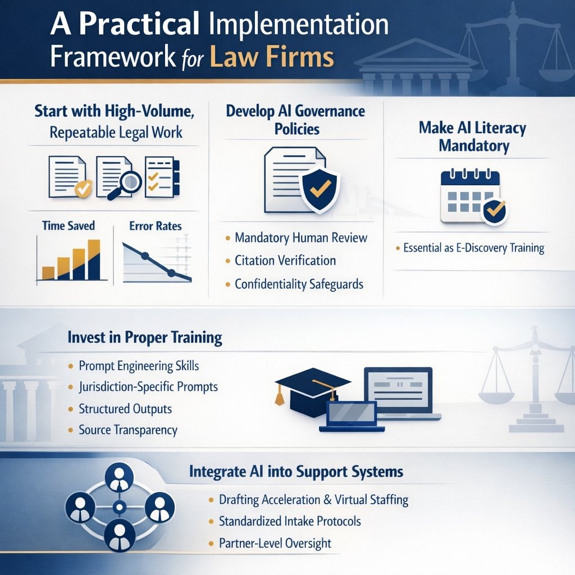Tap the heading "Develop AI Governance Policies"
(x=295, y=120)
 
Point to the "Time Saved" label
(x=69, y=226)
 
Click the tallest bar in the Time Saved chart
(x=94, y=259)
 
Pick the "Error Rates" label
(x=155, y=226)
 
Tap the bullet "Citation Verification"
(x=285, y=261)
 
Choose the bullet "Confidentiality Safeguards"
(x=299, y=284)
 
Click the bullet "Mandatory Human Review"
(x=301, y=238)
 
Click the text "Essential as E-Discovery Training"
(x=473, y=248)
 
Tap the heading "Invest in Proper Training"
(x=144, y=338)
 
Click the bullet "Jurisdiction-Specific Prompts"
(x=148, y=387)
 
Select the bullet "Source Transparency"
(x=128, y=431)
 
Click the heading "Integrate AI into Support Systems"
(x=296, y=471)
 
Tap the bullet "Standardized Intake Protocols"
(x=290, y=521)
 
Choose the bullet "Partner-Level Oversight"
(x=275, y=543)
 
